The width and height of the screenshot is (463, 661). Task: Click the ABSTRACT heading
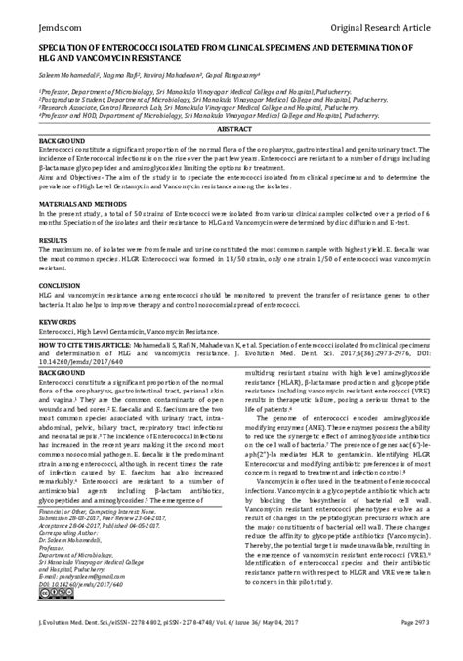point(231,128)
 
